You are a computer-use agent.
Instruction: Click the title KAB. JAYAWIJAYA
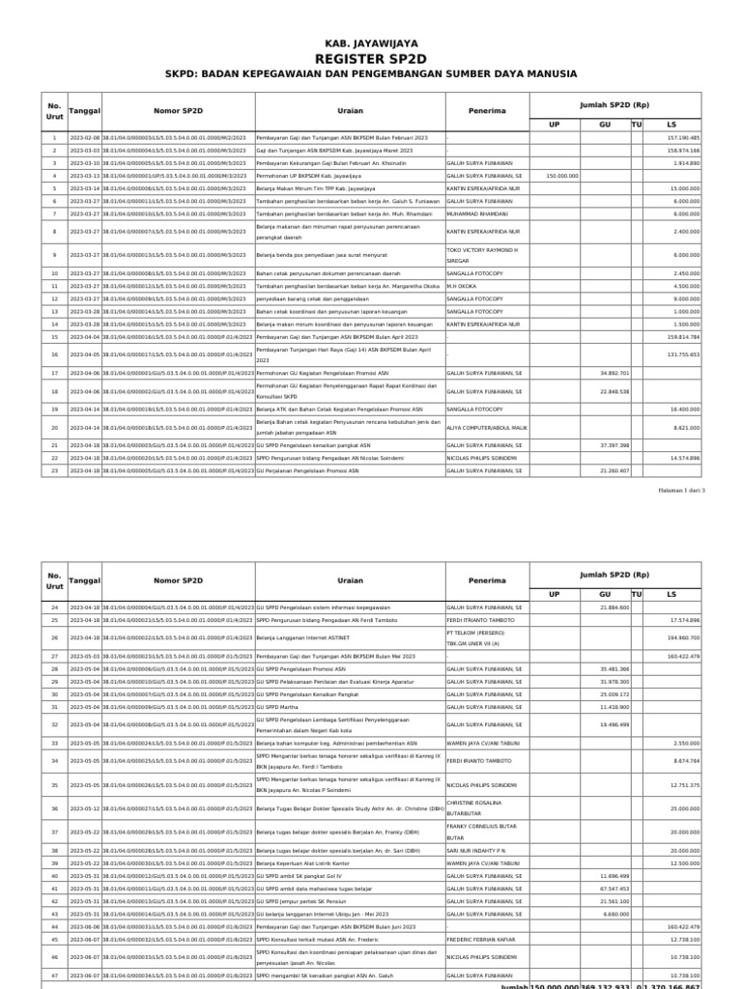coord(371,42)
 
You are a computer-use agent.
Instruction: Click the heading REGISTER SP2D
coord(371,59)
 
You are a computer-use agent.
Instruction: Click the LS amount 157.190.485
coord(682,138)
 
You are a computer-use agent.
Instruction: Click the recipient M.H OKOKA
coord(464,286)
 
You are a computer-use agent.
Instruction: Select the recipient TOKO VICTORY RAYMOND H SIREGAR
coord(482,255)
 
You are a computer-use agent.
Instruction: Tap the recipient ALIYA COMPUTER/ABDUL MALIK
coord(487,427)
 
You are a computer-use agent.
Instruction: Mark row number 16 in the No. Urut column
coord(55,354)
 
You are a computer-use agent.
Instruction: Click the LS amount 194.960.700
coord(682,638)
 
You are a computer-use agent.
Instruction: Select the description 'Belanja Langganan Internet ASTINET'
coord(301,638)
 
